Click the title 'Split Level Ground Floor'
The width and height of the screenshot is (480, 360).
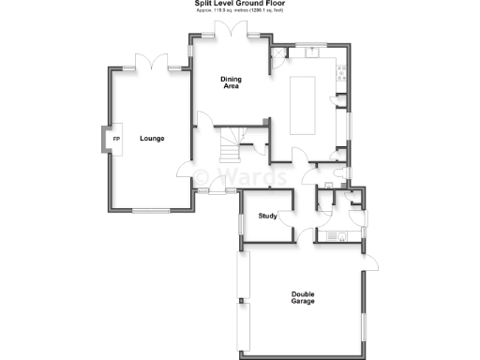[x=239, y=4]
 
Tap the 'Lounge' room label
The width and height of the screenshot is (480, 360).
[x=152, y=139]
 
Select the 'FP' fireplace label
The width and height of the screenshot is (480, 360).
[x=116, y=140]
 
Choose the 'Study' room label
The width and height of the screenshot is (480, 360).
[x=267, y=217]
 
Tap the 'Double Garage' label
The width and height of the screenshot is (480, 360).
[x=302, y=297]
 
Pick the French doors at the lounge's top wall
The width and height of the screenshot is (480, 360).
[x=153, y=66]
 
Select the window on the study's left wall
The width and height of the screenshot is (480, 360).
[x=241, y=223]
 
